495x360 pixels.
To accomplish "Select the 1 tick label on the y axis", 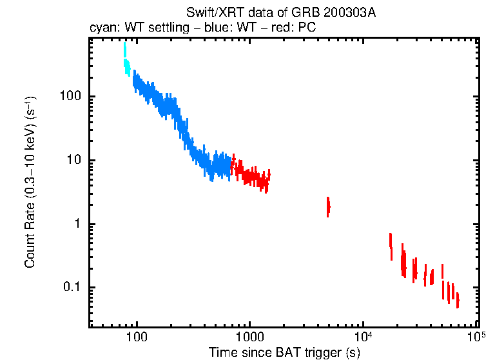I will pyautogui.click(x=76, y=224).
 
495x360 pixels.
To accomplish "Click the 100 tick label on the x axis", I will pyautogui.click(x=136, y=338).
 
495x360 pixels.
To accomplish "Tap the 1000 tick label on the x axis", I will pyautogui.click(x=249, y=338).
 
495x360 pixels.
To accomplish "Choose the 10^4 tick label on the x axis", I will pyautogui.click(x=363, y=337).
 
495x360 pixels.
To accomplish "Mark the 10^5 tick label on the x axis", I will pyautogui.click(x=476, y=337).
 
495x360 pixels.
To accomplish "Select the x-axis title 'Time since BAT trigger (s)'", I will pyautogui.click(x=284, y=352).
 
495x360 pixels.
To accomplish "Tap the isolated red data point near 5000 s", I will pyautogui.click(x=328, y=206).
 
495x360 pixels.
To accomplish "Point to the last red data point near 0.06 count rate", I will pyautogui.click(x=458, y=301).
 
